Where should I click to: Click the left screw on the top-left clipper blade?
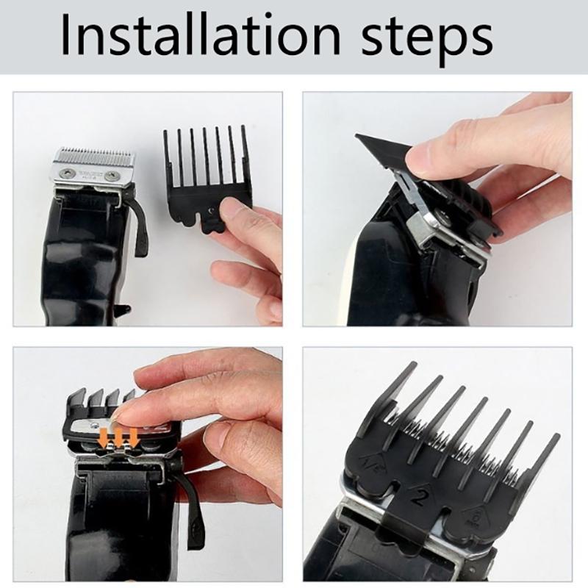(68, 173)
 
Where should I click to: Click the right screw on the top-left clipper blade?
(112, 176)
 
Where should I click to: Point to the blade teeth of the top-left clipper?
(95, 156)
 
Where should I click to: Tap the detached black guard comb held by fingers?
(206, 176)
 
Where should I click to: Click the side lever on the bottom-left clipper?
(193, 507)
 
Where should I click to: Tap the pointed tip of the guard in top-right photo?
(359, 137)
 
